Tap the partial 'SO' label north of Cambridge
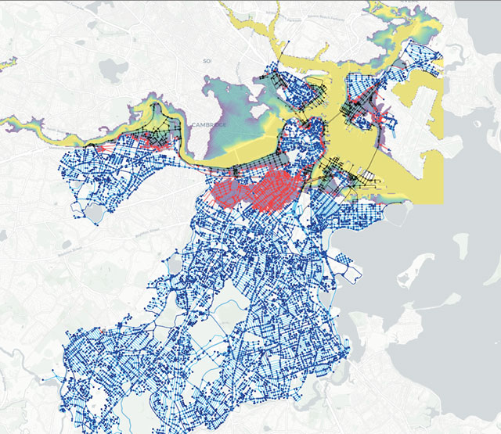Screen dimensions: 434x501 pyautogui.click(x=207, y=60)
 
